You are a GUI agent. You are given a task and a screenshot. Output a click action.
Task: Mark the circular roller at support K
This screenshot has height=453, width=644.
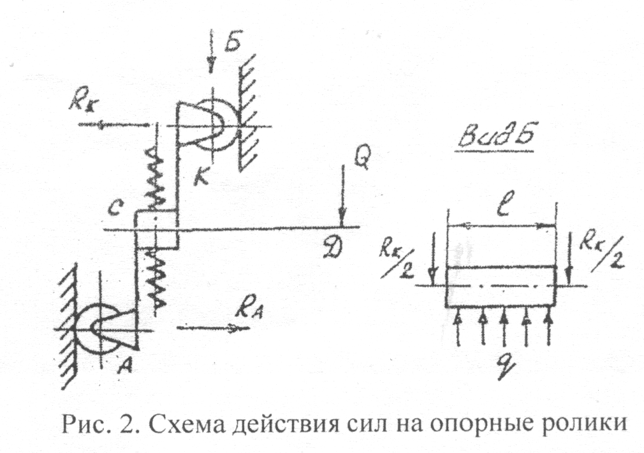click(214, 124)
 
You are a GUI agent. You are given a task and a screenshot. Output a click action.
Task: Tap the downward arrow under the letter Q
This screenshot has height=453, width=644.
click(342, 195)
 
